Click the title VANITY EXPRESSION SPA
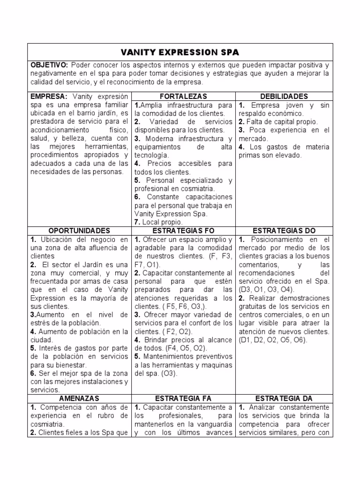pyautogui.click(x=180, y=52)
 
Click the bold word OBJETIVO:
pyautogui.click(x=49, y=65)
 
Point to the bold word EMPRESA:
pyautogui.click(x=48, y=96)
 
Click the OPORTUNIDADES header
pyautogui.click(x=80, y=231)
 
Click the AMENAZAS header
pyautogui.click(x=80, y=398)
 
